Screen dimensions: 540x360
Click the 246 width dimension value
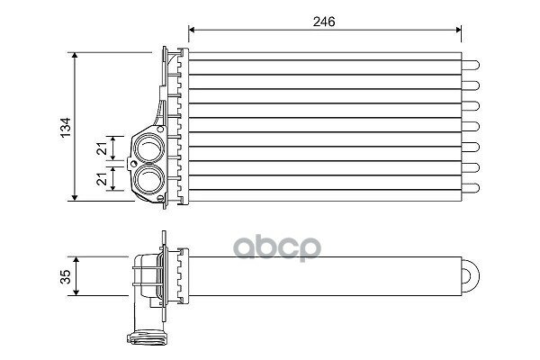tap(324, 22)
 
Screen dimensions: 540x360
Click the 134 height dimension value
tap(66, 128)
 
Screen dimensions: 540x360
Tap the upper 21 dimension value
tap(103, 148)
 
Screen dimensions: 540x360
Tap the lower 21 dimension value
tap(103, 179)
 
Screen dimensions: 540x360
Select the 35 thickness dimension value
tap(66, 276)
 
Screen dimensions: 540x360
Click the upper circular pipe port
tap(149, 148)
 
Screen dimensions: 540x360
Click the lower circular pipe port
tap(149, 179)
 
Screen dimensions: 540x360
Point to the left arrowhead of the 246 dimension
tap(192, 30)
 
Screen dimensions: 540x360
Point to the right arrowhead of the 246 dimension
tap(458, 30)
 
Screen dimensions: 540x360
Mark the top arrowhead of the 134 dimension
tap(75, 56)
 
